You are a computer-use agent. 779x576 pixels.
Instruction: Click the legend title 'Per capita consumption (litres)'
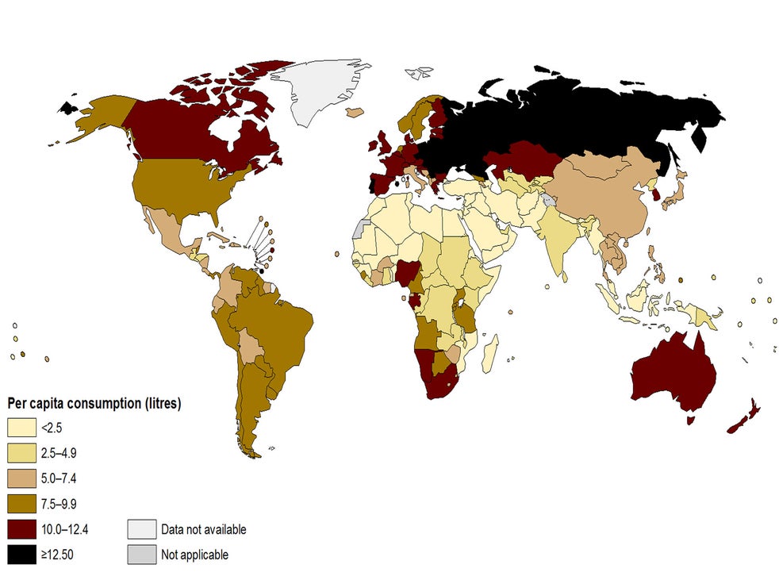pyautogui.click(x=94, y=403)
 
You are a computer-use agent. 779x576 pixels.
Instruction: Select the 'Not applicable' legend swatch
pyautogui.click(x=140, y=554)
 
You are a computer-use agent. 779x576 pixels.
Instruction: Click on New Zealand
pyautogui.click(x=746, y=418)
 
